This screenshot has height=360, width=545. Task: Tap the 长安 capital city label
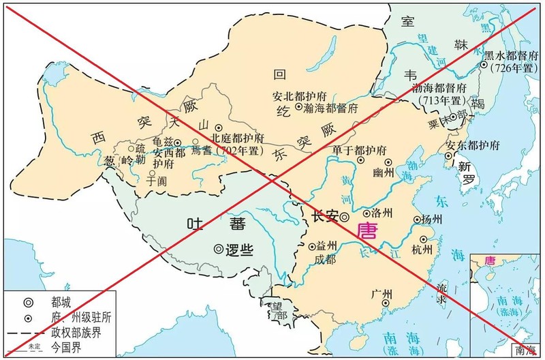coord(324,217)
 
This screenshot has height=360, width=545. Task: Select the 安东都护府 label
coord(473,145)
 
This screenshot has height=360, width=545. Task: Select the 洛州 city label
coord(379,213)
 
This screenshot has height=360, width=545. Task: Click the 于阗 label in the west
coord(157,181)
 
